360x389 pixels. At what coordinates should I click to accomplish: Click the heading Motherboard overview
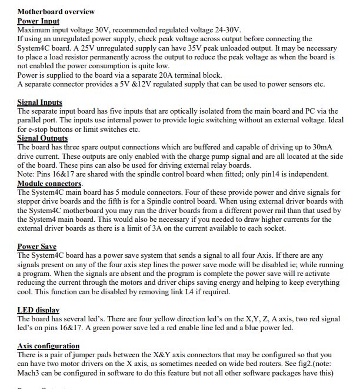click(56, 11)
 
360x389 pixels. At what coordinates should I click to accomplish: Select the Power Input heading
click(38, 21)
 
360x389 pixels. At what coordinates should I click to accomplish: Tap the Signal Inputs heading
click(40, 102)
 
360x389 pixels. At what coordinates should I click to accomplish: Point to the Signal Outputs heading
click(43, 138)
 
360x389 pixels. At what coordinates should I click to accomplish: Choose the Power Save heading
click(37, 247)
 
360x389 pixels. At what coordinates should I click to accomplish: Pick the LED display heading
click(38, 310)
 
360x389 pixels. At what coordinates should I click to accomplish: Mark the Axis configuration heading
click(49, 345)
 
